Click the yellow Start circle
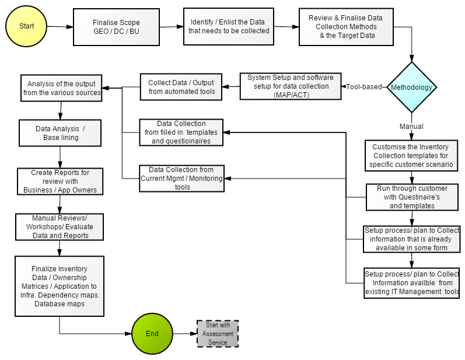[26, 26]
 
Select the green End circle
[152, 334]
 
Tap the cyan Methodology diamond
[412, 88]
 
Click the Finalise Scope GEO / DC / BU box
[116, 27]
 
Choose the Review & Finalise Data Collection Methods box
[346, 27]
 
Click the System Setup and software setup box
[291, 86]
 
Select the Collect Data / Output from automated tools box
[181, 87]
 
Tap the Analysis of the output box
[61, 88]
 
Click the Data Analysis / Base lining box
[61, 133]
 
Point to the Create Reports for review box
[60, 181]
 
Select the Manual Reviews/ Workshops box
[60, 227]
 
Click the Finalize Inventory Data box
[60, 286]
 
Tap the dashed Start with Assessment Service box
[217, 334]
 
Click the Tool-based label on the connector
[364, 87]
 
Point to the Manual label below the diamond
[411, 126]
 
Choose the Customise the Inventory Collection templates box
[411, 156]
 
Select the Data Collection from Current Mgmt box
[181, 179]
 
